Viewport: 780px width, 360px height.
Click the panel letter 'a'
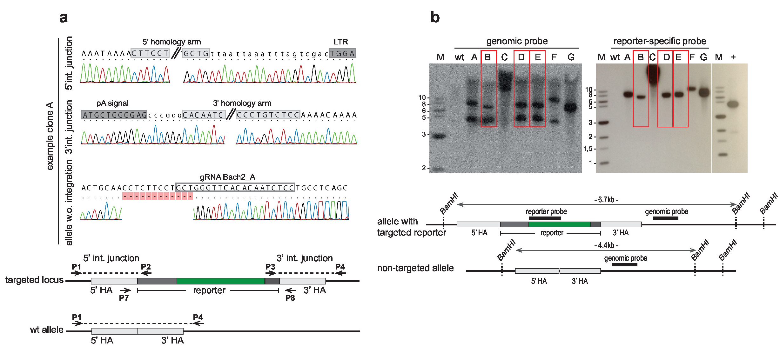[64, 18]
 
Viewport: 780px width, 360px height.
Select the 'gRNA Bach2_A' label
[227, 177]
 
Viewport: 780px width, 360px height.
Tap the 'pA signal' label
[112, 103]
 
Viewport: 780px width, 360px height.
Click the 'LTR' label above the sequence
[340, 42]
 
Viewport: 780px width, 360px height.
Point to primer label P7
[124, 298]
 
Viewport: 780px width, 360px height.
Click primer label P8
[290, 298]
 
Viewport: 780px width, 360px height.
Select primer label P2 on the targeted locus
[146, 267]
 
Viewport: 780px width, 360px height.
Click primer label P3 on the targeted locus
[270, 267]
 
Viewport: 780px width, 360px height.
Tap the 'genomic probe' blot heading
[517, 41]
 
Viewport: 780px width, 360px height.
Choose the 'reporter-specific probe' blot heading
[660, 41]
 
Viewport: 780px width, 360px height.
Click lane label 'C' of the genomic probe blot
[504, 57]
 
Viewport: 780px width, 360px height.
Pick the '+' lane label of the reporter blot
[733, 57]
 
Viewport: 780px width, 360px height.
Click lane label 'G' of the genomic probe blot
[571, 57]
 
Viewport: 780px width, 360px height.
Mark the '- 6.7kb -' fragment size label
[606, 200]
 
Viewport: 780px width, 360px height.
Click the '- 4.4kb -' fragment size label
[606, 245]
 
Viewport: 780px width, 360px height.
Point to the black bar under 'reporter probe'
[545, 218]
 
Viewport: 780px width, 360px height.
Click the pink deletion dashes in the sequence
[158, 196]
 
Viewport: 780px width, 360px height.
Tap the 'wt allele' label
[47, 330]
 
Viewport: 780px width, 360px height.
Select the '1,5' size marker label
[588, 149]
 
